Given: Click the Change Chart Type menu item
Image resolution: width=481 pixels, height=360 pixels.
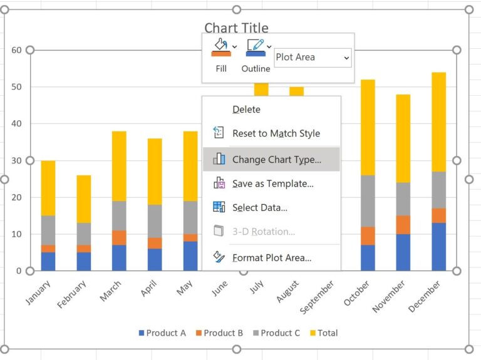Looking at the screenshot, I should [276, 160].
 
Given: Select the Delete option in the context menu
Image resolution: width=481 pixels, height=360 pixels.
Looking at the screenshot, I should [246, 110].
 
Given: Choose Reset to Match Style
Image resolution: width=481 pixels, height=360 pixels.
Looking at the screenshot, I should [276, 133].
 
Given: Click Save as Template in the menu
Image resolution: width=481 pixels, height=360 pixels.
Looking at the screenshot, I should [272, 183].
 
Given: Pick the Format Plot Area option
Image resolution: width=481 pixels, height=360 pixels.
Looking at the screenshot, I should [271, 257].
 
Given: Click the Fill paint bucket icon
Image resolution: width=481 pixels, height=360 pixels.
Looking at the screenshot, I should [220, 48].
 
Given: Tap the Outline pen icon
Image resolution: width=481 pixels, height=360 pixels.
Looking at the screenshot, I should [256, 48].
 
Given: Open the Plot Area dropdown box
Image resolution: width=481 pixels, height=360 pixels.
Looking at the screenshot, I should [313, 58].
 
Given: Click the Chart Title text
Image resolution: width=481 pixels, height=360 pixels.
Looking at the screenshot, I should [236, 28].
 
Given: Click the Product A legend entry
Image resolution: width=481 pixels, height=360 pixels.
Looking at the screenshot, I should [162, 333].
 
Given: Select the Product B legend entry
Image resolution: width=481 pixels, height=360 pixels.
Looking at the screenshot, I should [219, 333].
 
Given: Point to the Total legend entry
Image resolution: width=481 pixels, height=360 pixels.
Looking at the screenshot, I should [323, 333].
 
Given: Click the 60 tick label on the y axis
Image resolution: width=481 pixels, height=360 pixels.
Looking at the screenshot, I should [16, 50].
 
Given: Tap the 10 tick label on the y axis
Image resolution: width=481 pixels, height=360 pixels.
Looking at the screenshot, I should [16, 234].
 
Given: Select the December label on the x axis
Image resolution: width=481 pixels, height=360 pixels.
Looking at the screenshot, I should [425, 296].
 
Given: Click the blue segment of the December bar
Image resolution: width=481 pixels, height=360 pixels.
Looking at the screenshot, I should [439, 247].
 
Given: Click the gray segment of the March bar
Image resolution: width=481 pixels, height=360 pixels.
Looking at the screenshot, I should [119, 215].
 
